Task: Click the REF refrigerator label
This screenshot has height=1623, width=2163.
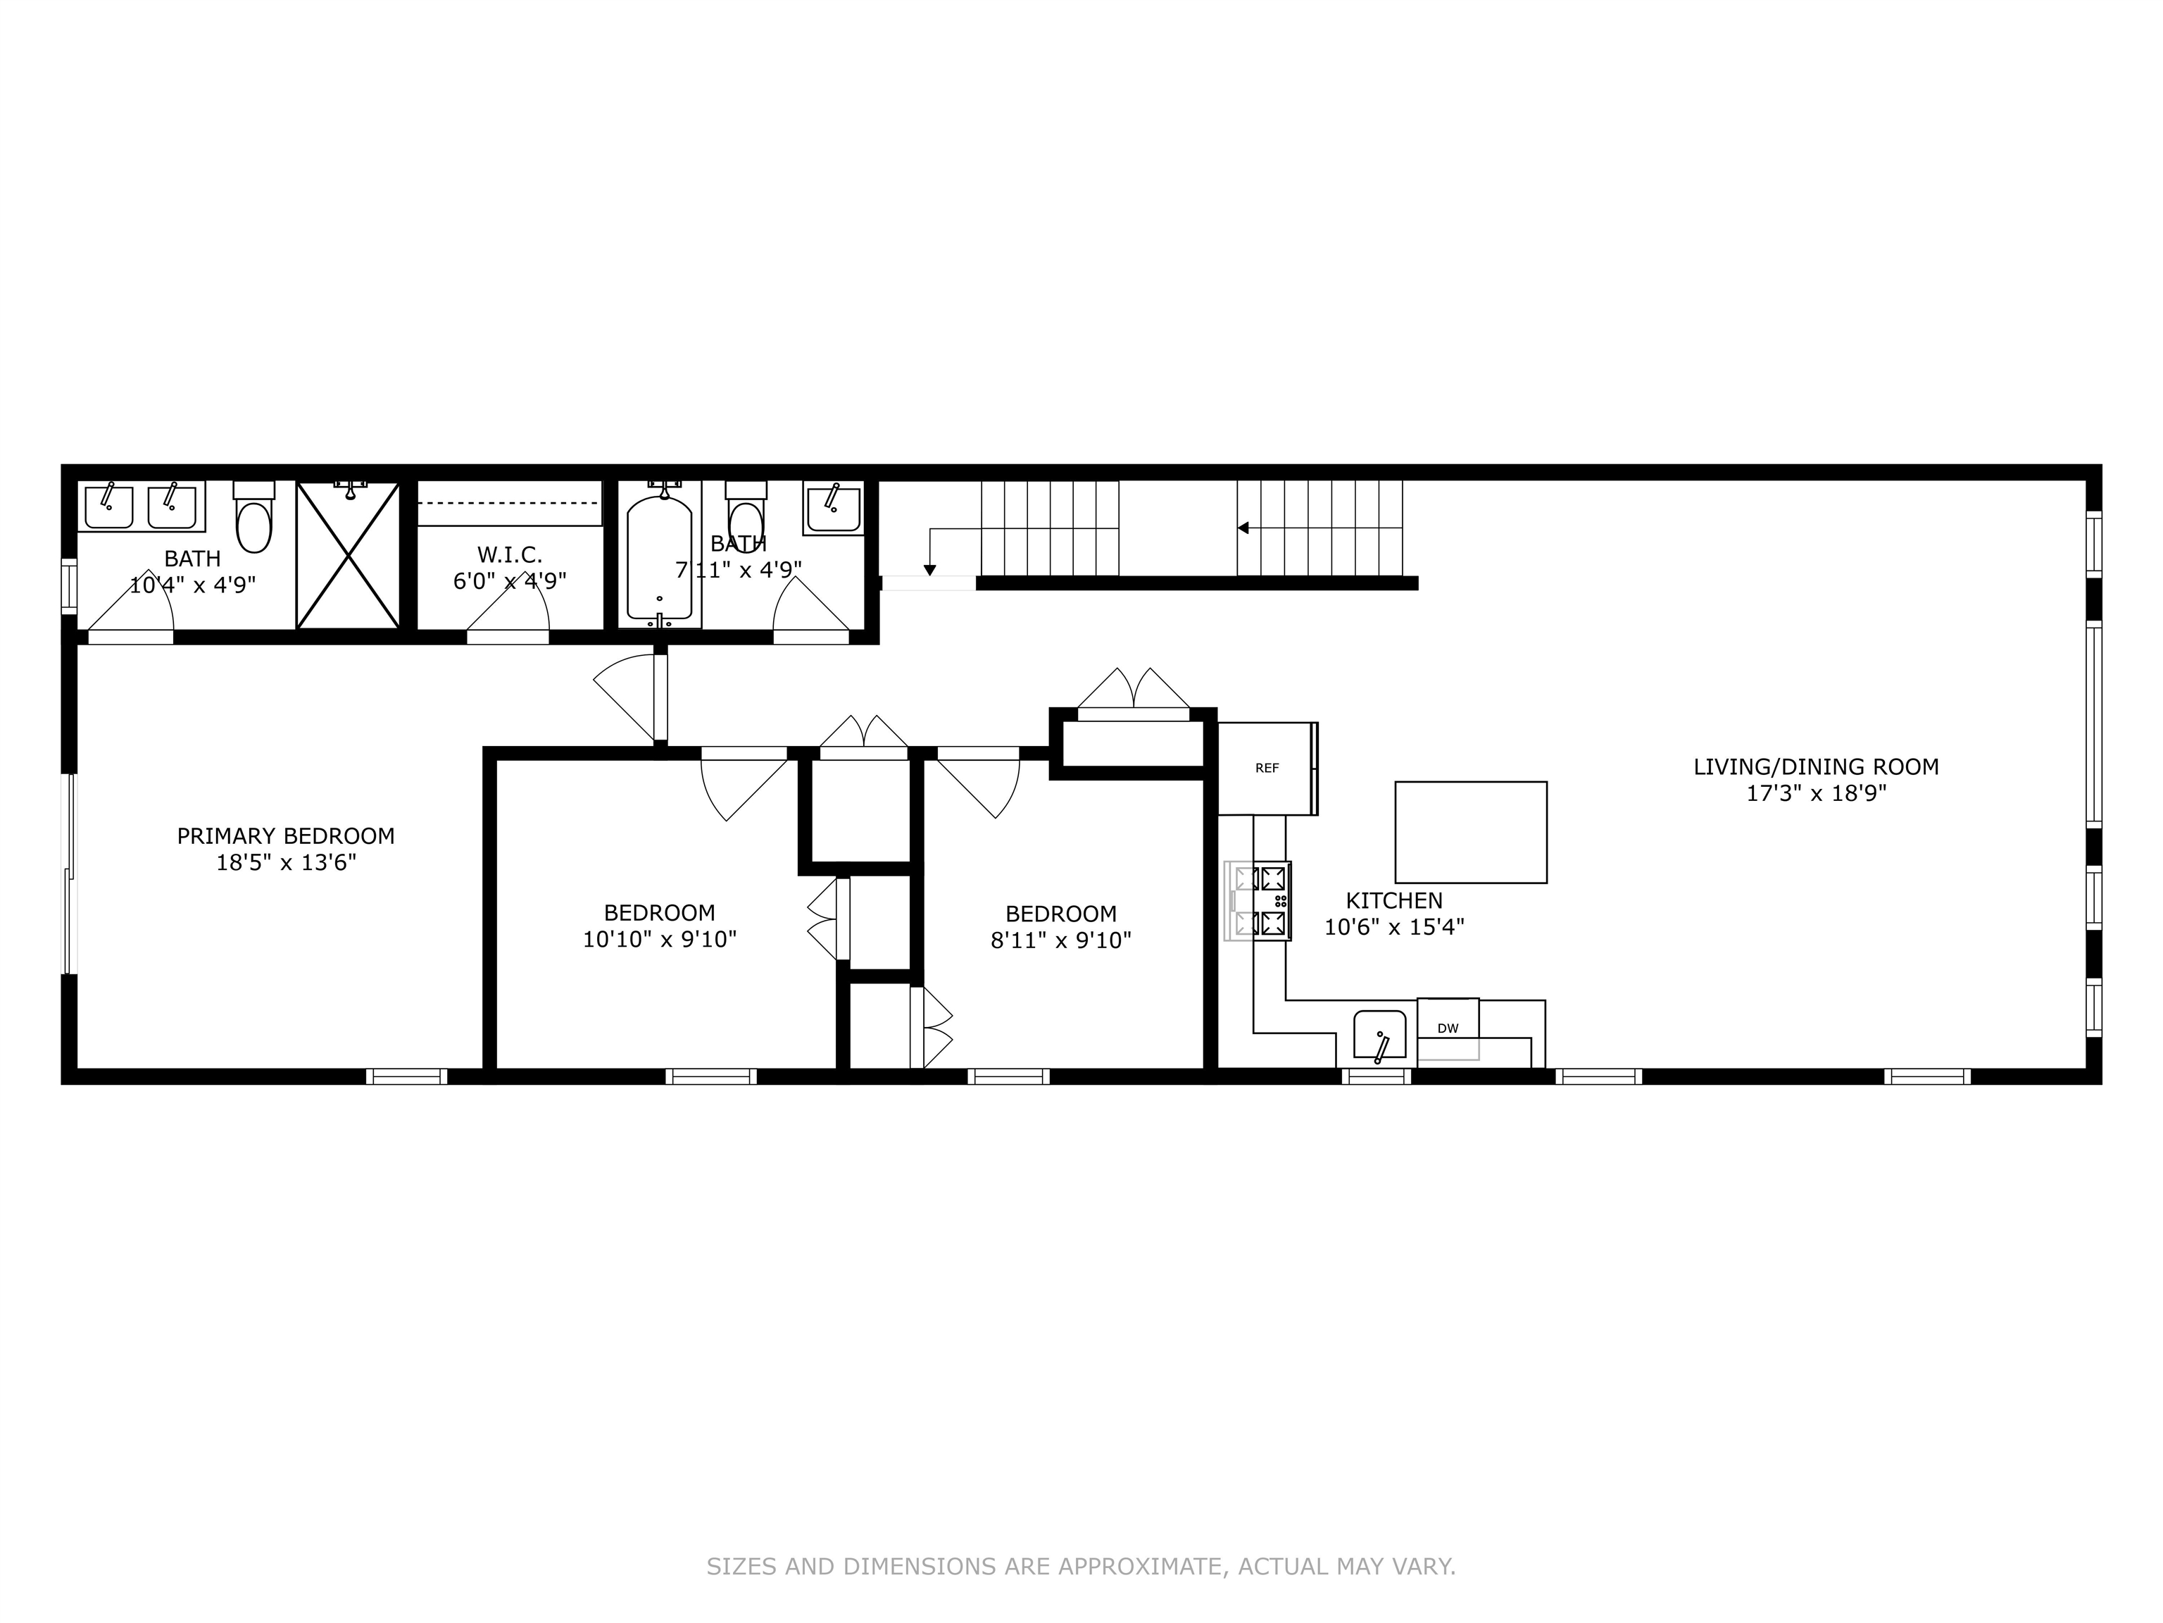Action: point(1266,768)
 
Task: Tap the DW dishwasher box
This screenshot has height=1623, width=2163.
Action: point(1447,1028)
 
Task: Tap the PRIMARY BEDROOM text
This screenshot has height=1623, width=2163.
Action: point(286,836)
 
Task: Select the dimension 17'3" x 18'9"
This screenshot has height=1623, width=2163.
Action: point(1816,793)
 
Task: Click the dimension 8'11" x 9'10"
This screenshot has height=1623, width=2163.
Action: point(1061,940)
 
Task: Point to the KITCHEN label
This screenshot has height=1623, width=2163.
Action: point(1393,900)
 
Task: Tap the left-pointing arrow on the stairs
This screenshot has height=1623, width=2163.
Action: point(1244,528)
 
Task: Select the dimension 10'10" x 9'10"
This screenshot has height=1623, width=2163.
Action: point(659,939)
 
